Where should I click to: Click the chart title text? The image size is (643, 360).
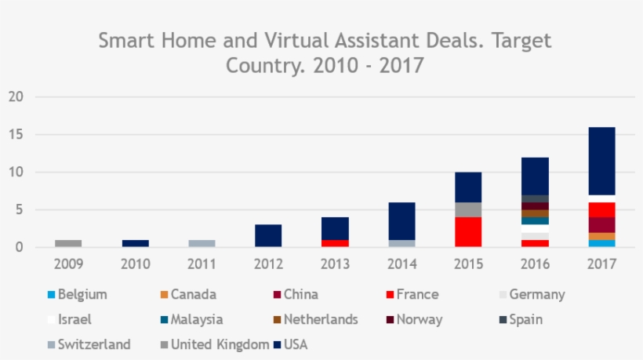pos(325,52)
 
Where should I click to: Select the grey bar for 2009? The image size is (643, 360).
pos(68,243)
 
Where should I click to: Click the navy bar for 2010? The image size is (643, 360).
pos(135,243)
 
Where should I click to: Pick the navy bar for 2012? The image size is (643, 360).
pos(268,235)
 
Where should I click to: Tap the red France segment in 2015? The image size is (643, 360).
pos(468,232)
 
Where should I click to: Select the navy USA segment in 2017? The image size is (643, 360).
pos(601,161)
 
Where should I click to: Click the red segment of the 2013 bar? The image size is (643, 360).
pos(335,243)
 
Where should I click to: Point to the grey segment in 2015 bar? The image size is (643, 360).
pos(468,209)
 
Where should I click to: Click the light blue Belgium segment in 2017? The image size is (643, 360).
pos(601,243)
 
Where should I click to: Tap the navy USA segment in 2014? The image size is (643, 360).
pos(401,220)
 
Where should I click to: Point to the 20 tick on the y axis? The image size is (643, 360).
pos(16,97)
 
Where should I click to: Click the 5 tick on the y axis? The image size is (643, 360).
pos(20,210)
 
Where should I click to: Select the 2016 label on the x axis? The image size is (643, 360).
pos(535,264)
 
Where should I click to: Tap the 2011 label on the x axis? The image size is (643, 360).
pos(202,264)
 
